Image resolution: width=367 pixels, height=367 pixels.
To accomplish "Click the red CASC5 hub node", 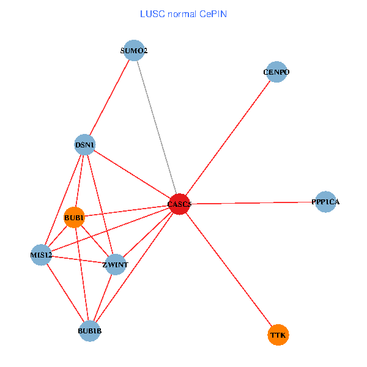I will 179,204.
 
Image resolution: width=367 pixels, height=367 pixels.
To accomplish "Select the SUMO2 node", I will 133,51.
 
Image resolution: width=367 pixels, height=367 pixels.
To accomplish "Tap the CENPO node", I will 276,72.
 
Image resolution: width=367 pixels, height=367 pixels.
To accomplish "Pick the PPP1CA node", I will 326,202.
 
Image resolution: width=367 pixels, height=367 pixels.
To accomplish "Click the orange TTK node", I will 278,335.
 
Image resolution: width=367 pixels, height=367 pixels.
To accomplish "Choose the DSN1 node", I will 84,145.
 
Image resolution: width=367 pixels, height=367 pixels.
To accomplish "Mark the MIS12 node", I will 41,254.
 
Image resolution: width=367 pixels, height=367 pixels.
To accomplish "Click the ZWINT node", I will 115,265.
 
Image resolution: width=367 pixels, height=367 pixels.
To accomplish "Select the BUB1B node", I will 89,331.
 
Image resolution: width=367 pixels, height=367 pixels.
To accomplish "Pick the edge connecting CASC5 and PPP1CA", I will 251,203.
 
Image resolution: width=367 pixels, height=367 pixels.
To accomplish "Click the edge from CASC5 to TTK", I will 229,270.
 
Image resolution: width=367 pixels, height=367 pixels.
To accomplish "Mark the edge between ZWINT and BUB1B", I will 103,297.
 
